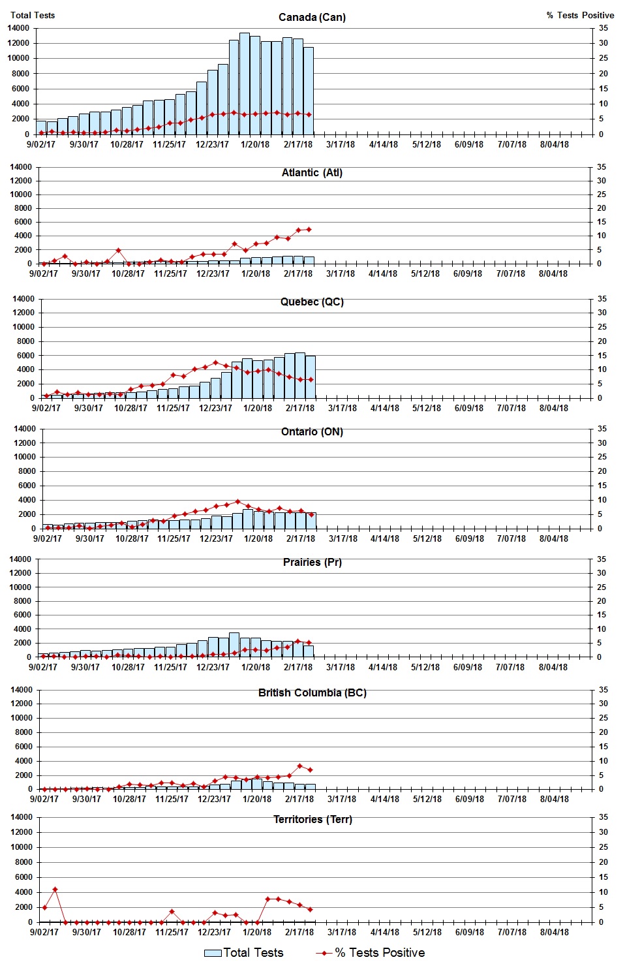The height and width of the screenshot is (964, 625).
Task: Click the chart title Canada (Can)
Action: point(312,17)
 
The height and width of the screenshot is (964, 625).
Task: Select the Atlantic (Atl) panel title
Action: point(312,172)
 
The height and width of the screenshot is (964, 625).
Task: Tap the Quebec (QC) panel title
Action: point(312,302)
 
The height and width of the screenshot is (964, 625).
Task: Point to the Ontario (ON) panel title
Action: point(312,431)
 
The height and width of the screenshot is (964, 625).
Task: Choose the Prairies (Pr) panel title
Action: point(312,562)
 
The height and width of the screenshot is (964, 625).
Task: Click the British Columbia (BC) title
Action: point(312,692)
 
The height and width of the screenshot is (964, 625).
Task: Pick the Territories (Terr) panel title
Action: point(312,819)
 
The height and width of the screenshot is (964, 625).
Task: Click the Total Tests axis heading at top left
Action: point(33,15)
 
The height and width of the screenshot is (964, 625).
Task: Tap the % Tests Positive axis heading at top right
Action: point(580,15)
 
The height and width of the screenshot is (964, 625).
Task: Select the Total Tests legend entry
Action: point(244,953)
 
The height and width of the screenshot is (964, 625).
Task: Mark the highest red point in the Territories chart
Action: point(55,889)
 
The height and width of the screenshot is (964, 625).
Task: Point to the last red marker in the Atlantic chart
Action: point(309,229)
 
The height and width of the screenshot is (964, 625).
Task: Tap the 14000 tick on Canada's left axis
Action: point(18,28)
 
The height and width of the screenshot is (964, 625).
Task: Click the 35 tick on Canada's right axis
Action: point(603,28)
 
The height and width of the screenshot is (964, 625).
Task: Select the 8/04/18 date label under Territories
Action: point(554,932)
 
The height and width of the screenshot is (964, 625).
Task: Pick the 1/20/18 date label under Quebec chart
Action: point(258,408)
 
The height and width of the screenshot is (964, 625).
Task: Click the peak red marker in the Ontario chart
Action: point(237,502)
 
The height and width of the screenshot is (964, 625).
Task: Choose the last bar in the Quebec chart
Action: point(311,377)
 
